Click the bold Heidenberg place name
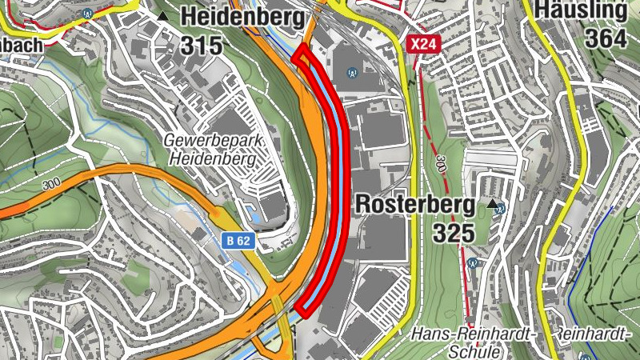coord(231,15)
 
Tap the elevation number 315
coord(201,46)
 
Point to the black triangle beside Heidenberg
coord(164,16)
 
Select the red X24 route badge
coord(422,44)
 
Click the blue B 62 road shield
coord(238,240)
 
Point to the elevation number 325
coord(454,234)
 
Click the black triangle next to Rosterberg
coord(491,205)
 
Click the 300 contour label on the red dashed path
coord(439,165)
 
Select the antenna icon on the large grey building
coord(350,72)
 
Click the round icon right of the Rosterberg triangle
coord(501,209)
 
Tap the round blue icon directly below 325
coord(473,262)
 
